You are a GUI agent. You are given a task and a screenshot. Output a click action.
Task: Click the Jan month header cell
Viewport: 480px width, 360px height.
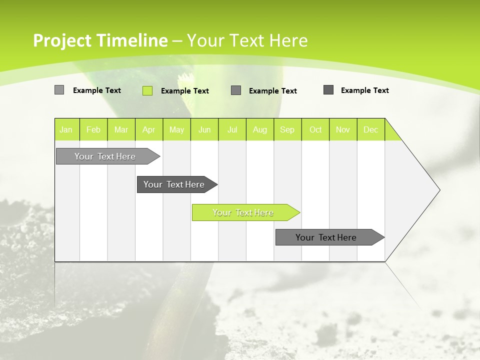point(66,129)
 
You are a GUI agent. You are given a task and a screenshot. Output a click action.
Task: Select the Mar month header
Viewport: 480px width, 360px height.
point(121,129)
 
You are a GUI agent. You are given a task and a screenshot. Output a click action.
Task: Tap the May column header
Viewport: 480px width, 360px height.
point(176,129)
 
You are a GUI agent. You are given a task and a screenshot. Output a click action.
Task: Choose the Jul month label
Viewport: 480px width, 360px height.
point(232,129)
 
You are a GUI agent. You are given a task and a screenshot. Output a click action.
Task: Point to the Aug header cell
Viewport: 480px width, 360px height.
point(259,129)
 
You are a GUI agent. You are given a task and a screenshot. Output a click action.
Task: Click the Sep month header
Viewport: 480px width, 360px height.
point(287,129)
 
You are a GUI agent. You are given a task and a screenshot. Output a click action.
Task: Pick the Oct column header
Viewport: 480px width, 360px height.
point(315,129)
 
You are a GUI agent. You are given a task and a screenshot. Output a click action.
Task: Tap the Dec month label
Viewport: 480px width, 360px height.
point(370,129)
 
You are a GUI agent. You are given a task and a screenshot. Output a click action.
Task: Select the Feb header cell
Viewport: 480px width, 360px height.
point(93,129)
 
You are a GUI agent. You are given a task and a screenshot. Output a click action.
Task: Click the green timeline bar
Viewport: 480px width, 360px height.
point(243,212)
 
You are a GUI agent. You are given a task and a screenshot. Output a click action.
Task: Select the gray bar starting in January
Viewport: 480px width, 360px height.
point(105,156)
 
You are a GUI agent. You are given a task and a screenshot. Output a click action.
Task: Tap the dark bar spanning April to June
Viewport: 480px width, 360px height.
point(174,184)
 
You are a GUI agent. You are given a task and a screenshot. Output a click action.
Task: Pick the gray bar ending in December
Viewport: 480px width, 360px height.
point(326,237)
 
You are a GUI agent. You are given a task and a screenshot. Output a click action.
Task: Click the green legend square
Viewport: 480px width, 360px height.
point(147,90)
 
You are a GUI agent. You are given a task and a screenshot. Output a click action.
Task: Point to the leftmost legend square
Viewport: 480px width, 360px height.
point(59,90)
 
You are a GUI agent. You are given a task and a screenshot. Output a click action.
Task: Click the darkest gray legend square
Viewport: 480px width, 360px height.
point(328,90)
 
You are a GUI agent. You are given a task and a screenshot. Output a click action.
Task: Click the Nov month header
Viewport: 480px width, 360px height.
point(343,129)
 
